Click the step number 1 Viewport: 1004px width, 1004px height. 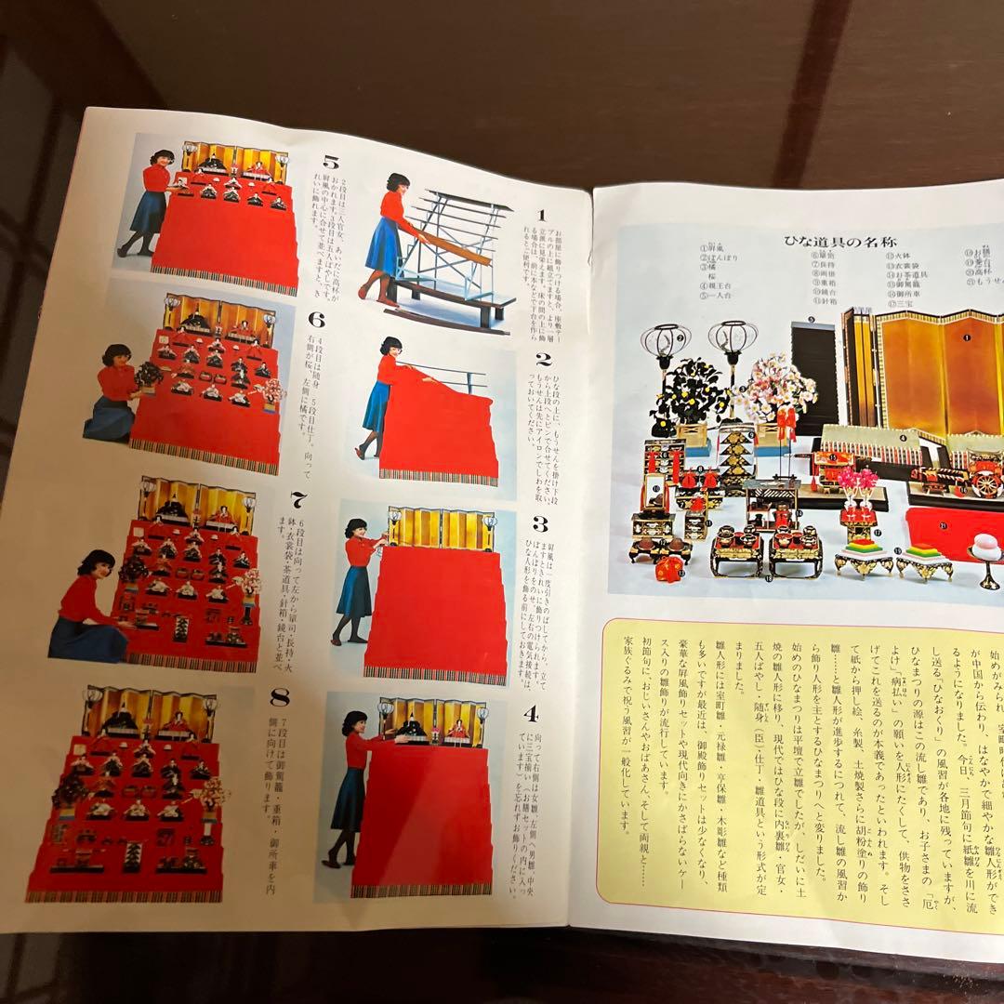point(541,215)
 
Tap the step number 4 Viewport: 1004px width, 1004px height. point(530,715)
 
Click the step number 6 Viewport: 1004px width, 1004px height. point(316,320)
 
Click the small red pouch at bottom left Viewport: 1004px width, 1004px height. point(668,568)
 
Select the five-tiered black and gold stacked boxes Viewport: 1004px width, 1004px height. point(734,459)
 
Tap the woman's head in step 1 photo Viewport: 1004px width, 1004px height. point(398,183)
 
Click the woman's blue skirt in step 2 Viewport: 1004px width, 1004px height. point(377,408)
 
